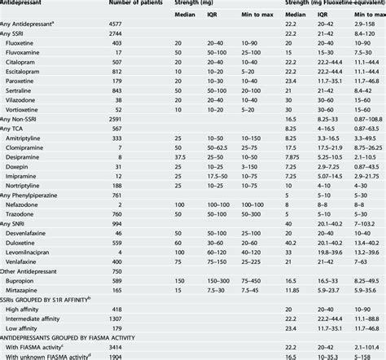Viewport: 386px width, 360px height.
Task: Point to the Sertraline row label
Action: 24,90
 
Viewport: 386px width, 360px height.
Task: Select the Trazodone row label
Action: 25,214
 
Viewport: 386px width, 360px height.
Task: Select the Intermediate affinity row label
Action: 41,318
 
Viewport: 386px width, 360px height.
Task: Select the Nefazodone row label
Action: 27,204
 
